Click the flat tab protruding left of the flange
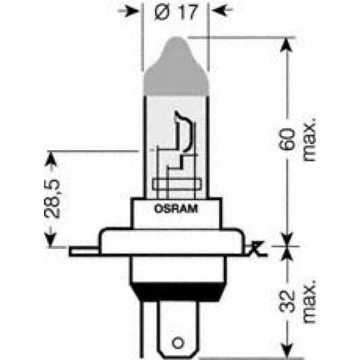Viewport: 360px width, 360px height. coord(85,251)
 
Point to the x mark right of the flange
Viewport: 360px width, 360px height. coord(256,249)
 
